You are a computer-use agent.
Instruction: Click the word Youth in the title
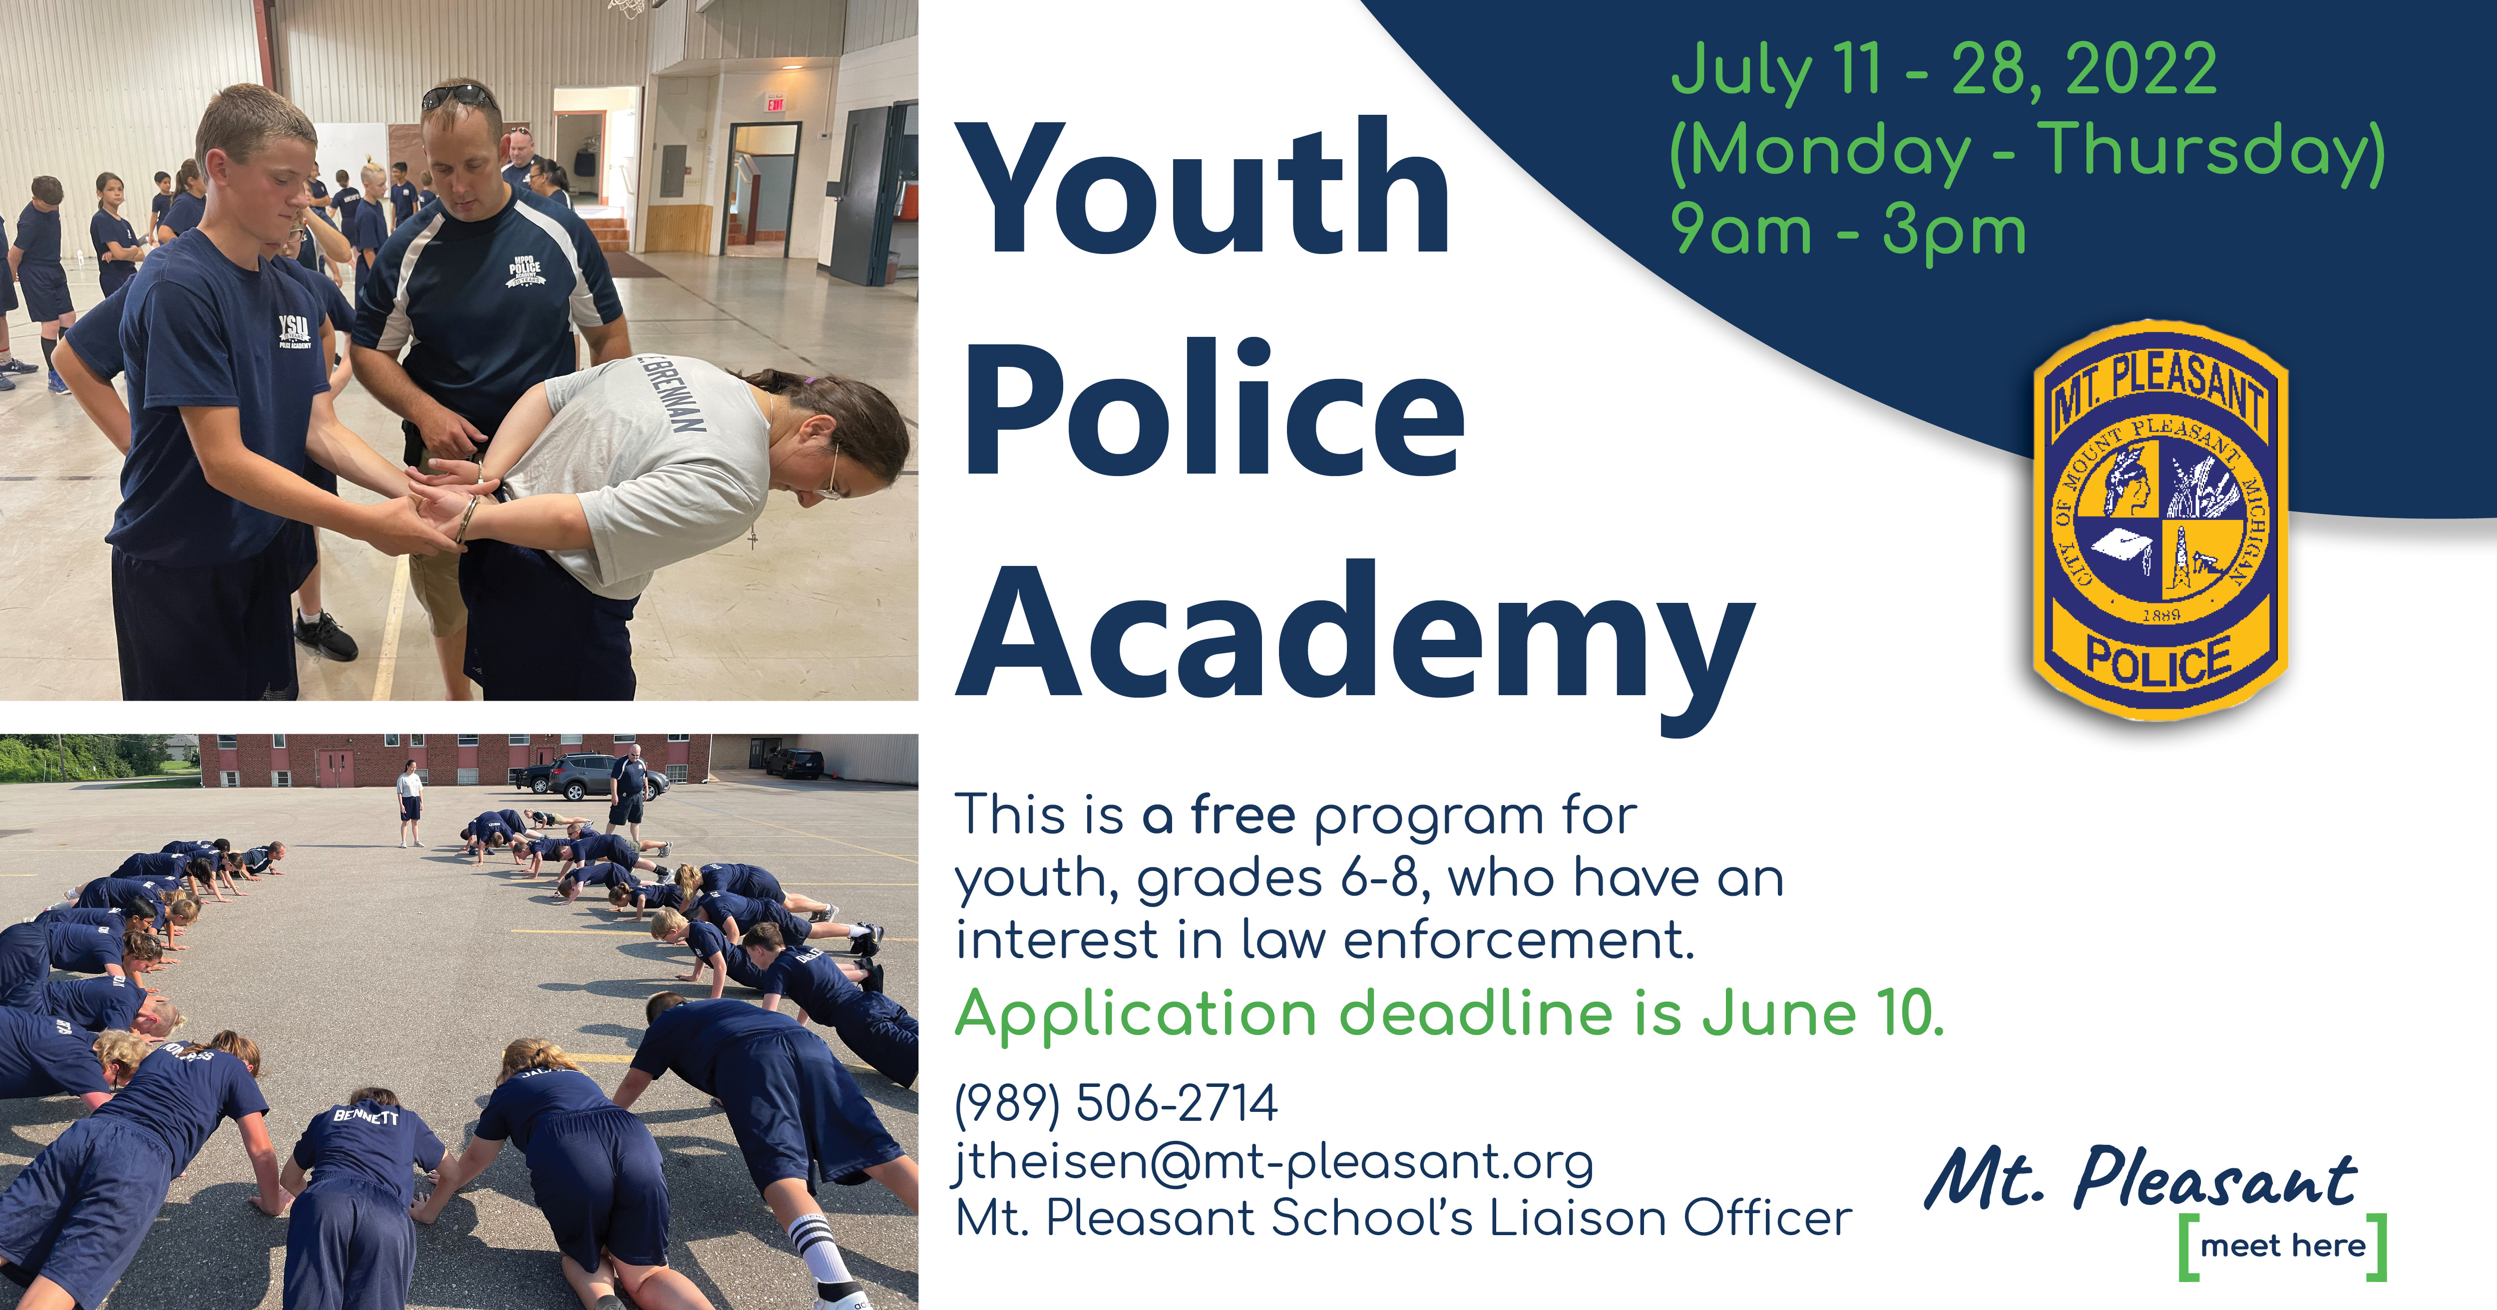tap(1207, 189)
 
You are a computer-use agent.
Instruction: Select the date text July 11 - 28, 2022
tap(1944, 70)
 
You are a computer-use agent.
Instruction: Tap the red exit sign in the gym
tap(776, 104)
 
